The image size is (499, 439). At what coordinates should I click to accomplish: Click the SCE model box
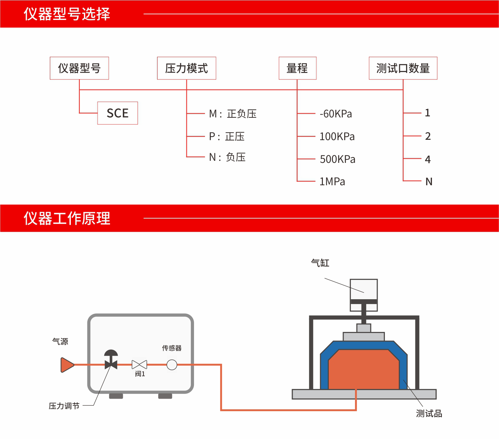(x=118, y=113)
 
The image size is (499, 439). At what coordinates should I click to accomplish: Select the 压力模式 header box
(x=186, y=68)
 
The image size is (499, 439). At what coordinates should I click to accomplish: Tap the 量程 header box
(x=297, y=68)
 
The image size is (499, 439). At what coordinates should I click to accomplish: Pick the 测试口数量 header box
(x=403, y=68)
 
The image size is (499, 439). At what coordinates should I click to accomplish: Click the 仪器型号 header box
(x=79, y=68)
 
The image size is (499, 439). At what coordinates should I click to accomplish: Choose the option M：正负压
(x=233, y=114)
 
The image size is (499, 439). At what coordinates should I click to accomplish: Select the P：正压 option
(x=227, y=136)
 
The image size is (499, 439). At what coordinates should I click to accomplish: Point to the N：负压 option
(x=227, y=157)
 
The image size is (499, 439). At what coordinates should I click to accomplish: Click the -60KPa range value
(x=336, y=114)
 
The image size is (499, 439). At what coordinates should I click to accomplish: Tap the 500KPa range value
(x=337, y=159)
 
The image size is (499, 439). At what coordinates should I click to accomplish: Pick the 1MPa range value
(x=332, y=181)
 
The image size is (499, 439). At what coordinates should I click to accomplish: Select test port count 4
(x=428, y=159)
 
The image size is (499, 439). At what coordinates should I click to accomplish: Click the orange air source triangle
(x=67, y=365)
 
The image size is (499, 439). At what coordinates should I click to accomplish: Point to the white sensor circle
(x=172, y=365)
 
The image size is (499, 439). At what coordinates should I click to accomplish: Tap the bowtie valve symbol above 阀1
(x=139, y=365)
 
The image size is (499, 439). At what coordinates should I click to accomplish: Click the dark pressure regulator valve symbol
(x=111, y=359)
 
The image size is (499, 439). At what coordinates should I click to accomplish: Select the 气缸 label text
(x=320, y=263)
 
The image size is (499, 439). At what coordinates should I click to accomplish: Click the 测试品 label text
(x=429, y=414)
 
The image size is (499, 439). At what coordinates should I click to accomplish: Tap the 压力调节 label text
(x=64, y=406)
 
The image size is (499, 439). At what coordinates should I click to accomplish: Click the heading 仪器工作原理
(x=67, y=218)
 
